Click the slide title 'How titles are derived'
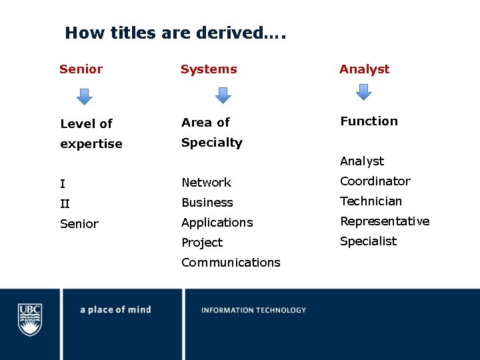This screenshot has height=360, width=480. pyautogui.click(x=175, y=33)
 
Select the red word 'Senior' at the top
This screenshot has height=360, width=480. pyautogui.click(x=81, y=69)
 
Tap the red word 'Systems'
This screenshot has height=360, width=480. pyautogui.click(x=209, y=69)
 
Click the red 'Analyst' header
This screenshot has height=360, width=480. pyautogui.click(x=364, y=69)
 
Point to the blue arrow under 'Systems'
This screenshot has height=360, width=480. pyautogui.click(x=223, y=95)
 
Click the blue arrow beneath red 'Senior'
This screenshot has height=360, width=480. pyautogui.click(x=84, y=97)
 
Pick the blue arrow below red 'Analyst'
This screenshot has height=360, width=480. pyautogui.click(x=363, y=92)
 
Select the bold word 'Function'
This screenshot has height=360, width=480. pyautogui.click(x=369, y=121)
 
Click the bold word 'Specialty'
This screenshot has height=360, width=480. pyautogui.click(x=212, y=143)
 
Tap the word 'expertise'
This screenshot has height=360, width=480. pyautogui.click(x=91, y=144)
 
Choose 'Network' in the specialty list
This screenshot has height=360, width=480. pyautogui.click(x=206, y=183)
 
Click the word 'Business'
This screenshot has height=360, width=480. pyautogui.click(x=207, y=203)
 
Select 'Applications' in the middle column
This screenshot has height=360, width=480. pyautogui.click(x=217, y=223)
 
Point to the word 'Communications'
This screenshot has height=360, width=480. pyautogui.click(x=231, y=263)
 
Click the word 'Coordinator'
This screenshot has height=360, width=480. pyautogui.click(x=375, y=181)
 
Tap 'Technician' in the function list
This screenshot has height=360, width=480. pyautogui.click(x=371, y=201)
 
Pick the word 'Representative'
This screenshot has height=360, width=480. pyautogui.click(x=385, y=221)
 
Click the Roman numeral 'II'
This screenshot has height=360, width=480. pyautogui.click(x=65, y=204)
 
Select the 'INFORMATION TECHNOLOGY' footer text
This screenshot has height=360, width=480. pyautogui.click(x=254, y=310)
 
